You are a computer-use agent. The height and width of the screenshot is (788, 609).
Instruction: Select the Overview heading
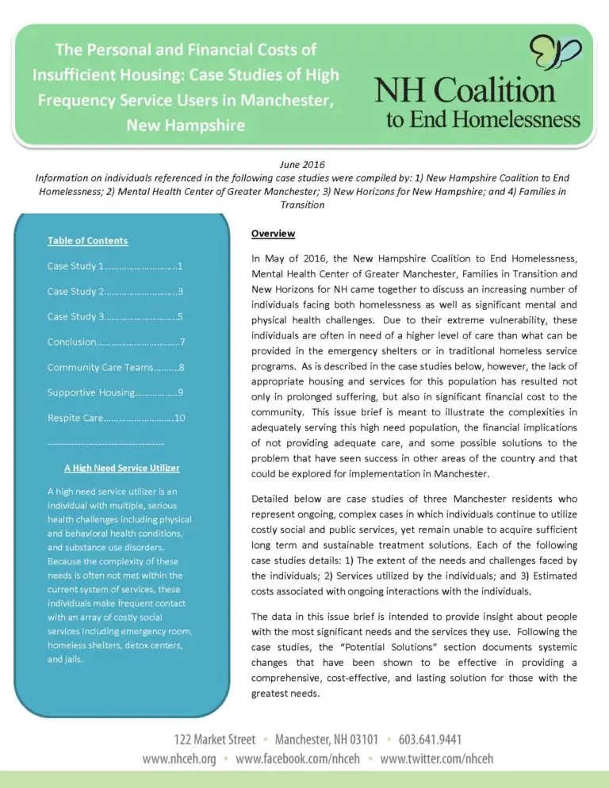[x=273, y=234]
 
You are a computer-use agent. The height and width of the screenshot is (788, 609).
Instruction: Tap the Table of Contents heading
[x=87, y=240]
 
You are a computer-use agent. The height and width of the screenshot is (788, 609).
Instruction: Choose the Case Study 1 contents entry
[x=116, y=266]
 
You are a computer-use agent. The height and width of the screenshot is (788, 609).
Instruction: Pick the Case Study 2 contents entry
[x=116, y=291]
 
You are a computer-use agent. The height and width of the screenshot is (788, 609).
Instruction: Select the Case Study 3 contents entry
[x=116, y=316]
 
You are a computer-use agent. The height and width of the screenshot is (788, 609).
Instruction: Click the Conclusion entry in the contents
[x=116, y=342]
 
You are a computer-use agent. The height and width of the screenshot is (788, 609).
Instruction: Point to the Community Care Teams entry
[x=116, y=367]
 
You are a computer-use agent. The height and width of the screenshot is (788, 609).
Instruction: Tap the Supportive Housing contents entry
[x=116, y=392]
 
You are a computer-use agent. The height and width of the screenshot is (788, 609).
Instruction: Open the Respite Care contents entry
[x=116, y=417]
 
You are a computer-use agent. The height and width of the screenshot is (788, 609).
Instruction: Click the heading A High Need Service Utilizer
[x=116, y=468]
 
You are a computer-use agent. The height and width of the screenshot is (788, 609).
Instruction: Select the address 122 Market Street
[x=216, y=740]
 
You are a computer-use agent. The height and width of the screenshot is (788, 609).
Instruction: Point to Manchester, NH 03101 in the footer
[x=321, y=740]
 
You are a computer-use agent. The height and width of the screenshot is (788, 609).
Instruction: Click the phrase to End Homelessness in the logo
[x=483, y=120]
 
